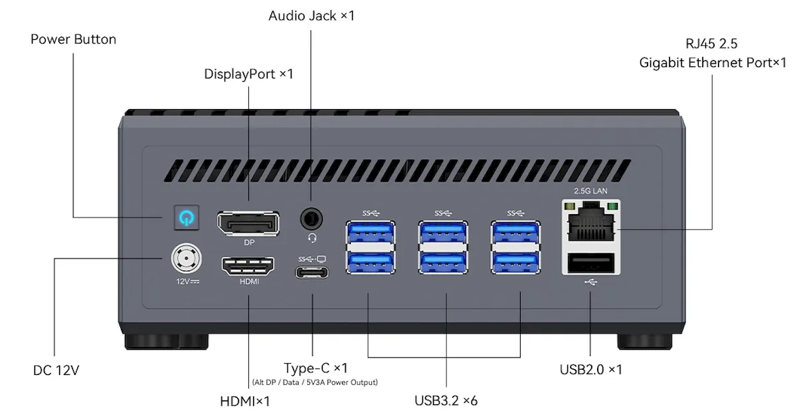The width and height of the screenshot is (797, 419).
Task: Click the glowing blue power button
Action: tap(187, 217)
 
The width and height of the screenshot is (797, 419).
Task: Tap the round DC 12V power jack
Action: tap(186, 258)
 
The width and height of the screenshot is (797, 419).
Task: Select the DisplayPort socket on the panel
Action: tap(248, 223)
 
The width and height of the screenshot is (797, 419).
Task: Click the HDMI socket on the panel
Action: tap(248, 266)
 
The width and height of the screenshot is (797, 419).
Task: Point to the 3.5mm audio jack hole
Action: tap(311, 218)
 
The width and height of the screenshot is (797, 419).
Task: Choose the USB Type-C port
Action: tap(311, 273)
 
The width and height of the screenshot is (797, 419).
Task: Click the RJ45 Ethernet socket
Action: tap(591, 222)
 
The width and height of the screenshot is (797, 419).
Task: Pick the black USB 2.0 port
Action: tap(591, 263)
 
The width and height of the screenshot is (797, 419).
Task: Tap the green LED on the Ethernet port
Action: tap(612, 206)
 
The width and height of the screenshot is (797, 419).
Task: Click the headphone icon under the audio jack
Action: tap(312, 238)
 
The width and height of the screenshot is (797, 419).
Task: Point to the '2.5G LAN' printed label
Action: tap(590, 191)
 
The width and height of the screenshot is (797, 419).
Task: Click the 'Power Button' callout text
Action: tap(73, 39)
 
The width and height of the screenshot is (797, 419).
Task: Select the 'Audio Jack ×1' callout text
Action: tap(311, 16)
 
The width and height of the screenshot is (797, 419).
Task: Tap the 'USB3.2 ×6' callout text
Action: tap(446, 401)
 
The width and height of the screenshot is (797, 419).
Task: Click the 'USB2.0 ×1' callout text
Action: tap(591, 370)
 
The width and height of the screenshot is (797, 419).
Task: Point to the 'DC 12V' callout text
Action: tap(56, 370)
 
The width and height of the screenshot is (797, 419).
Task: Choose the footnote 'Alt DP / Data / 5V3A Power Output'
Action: tap(315, 382)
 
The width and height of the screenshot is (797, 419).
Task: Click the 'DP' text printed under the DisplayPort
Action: tap(249, 243)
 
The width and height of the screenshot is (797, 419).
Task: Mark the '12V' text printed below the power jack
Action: tap(183, 281)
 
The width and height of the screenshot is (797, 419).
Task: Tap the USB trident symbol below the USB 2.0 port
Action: tap(590, 282)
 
